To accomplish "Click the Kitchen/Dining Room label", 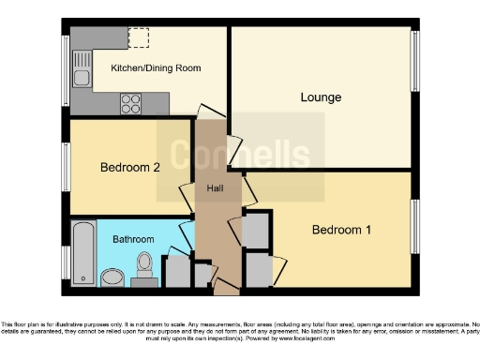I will [x=156, y=68].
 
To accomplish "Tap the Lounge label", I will [x=321, y=97].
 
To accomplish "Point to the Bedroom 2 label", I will [x=130, y=168].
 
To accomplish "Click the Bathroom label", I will [x=132, y=239].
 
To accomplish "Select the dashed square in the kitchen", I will [x=139, y=38].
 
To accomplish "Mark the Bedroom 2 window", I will [x=65, y=169].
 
